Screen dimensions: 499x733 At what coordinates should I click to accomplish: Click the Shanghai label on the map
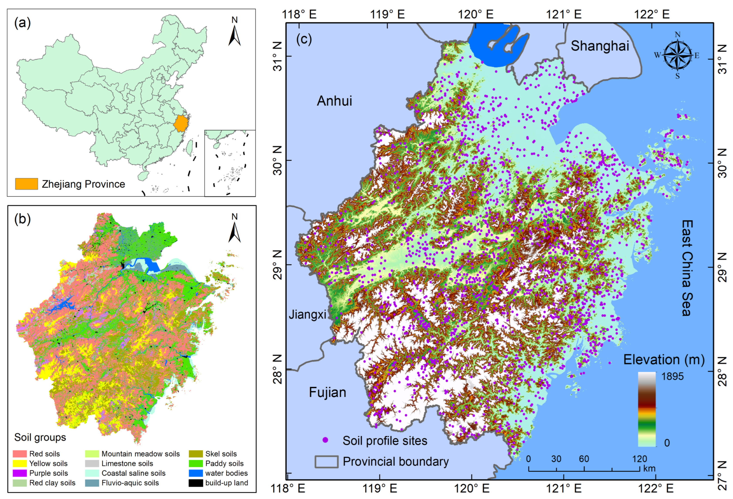pos(600,46)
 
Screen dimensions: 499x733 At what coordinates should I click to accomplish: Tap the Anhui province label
pos(334,101)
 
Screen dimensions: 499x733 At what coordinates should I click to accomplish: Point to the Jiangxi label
pos(308,315)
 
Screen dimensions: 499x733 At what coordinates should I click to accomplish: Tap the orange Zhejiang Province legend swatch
pos(27,184)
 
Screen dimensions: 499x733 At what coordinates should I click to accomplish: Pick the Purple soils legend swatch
pos(20,473)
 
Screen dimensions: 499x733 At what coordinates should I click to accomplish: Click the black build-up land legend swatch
pos(196,483)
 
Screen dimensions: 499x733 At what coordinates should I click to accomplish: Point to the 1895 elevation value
pos(672,376)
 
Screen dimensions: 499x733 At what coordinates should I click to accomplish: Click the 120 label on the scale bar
pos(639,459)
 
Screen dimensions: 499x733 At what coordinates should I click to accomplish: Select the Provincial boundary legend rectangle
pos(327,462)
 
